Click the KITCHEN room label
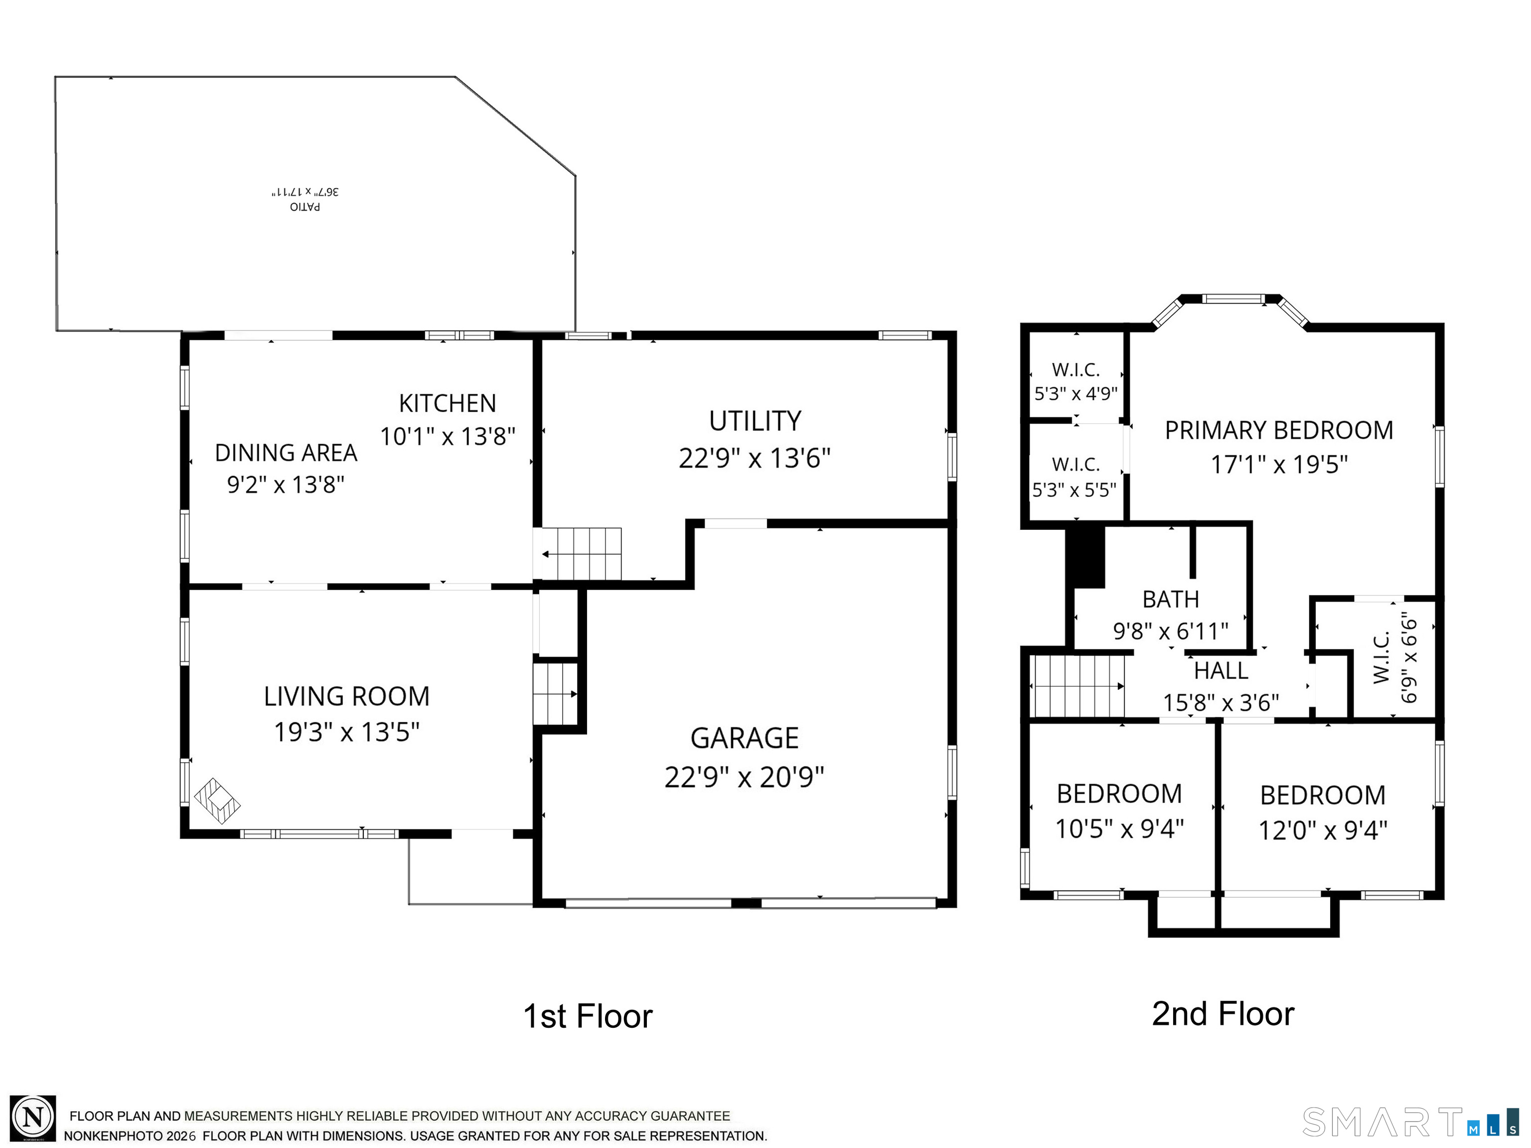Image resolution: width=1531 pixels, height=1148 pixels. coord(447,403)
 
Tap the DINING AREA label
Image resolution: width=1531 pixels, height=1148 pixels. coord(286,453)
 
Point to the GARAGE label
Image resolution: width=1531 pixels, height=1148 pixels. coord(745,738)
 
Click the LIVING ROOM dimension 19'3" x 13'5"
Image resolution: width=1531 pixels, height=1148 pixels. coord(347,732)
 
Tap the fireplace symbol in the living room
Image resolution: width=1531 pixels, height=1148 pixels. coord(217,801)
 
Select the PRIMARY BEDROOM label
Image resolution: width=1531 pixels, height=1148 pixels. coord(1279,431)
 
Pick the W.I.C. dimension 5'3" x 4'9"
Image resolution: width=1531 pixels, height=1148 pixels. coord(1075,394)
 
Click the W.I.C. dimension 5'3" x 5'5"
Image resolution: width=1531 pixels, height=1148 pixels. coord(1074,490)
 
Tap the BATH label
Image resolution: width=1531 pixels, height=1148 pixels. coord(1170,599)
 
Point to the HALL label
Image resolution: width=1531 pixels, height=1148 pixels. coord(1221,670)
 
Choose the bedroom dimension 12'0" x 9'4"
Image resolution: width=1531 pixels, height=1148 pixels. coord(1323,830)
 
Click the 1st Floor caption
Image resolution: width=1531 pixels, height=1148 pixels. coord(588,1016)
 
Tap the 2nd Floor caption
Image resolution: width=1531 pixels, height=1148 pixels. coord(1223,1014)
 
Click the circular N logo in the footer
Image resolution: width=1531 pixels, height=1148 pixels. coord(32,1118)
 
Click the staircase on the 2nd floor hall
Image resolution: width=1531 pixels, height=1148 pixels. coord(1077,686)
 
